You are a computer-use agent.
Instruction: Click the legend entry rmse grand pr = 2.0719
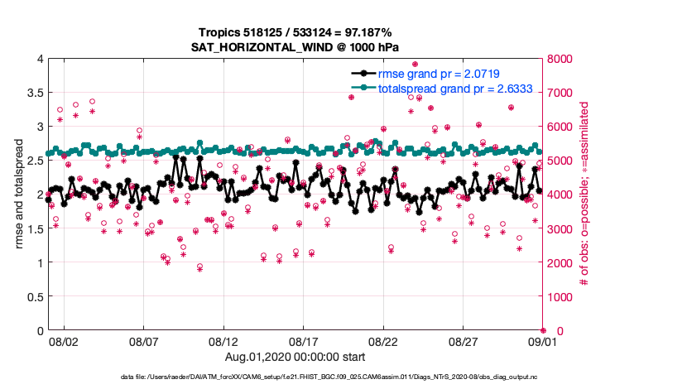click(439, 74)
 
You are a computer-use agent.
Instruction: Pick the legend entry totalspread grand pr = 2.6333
click(449, 88)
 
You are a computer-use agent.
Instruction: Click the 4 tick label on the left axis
click(40, 59)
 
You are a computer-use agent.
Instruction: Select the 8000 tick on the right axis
click(560, 59)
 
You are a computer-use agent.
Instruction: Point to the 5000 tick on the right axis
click(560, 161)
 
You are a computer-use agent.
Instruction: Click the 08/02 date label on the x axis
click(64, 341)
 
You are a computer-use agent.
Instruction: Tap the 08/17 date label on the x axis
click(304, 341)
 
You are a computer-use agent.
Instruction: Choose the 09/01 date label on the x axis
click(544, 341)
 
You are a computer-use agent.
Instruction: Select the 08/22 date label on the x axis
click(384, 341)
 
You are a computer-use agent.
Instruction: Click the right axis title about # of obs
click(584, 194)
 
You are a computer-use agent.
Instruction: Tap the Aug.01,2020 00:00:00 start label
click(295, 357)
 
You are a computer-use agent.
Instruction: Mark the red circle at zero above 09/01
click(544, 331)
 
